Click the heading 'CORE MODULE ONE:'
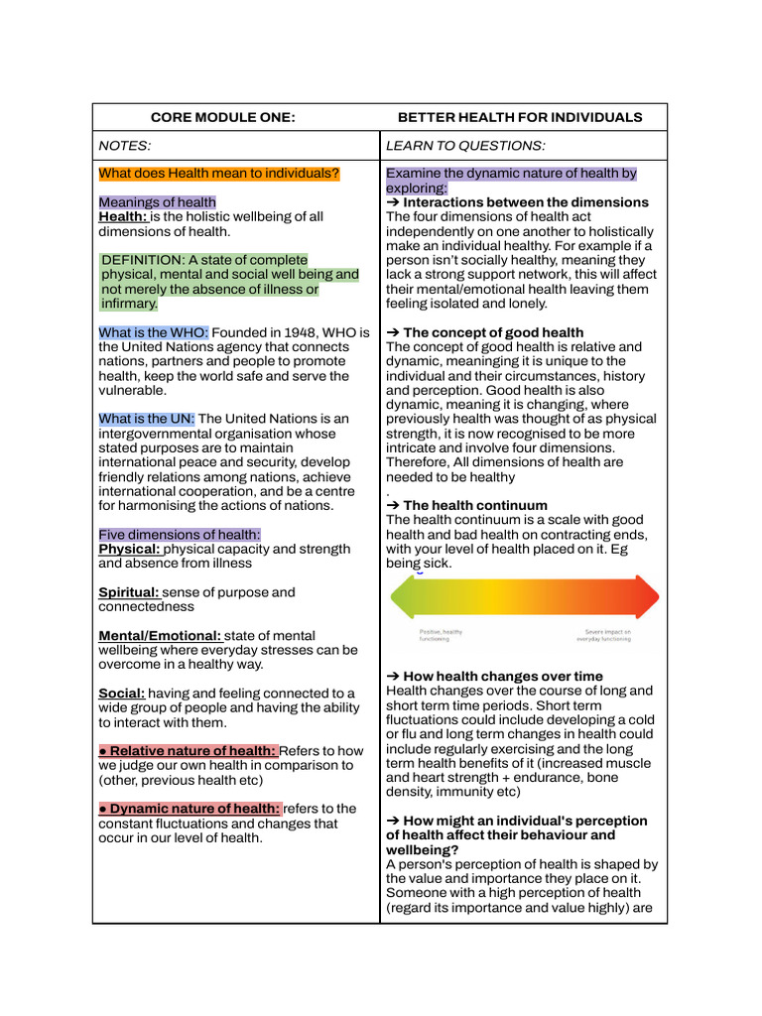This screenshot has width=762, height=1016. pyautogui.click(x=222, y=117)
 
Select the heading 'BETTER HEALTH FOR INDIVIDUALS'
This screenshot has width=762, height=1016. pyautogui.click(x=513, y=117)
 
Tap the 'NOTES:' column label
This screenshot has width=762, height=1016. pyautogui.click(x=125, y=146)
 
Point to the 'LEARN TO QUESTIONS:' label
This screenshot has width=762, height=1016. pyautogui.click(x=465, y=146)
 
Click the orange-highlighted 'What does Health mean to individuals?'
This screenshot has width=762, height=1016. pyautogui.click(x=219, y=174)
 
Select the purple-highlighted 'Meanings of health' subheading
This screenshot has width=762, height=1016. pyautogui.click(x=157, y=202)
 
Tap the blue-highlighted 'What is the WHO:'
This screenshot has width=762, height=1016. pyautogui.click(x=154, y=332)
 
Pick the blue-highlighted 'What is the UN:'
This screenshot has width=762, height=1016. pyautogui.click(x=147, y=419)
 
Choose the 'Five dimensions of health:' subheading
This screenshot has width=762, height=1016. pyautogui.click(x=180, y=535)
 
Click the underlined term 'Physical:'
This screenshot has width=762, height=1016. pyautogui.click(x=129, y=549)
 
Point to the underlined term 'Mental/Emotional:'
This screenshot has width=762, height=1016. pyautogui.click(x=161, y=636)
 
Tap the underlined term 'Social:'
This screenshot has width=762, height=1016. pyautogui.click(x=122, y=694)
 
